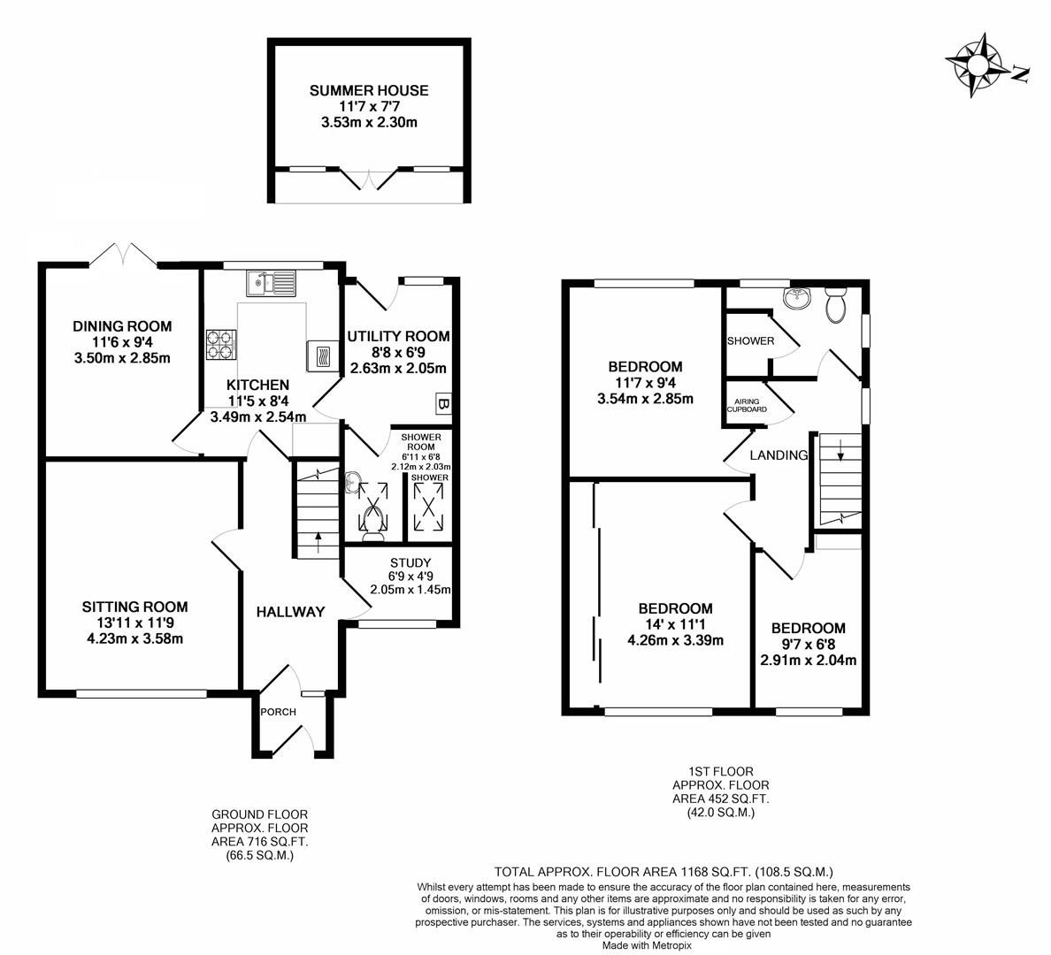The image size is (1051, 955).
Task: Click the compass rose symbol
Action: pos(977,65)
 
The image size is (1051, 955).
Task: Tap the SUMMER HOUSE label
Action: pos(369,90)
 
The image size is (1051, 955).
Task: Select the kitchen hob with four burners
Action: pos(221,345)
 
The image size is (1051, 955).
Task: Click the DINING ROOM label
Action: pos(122,326)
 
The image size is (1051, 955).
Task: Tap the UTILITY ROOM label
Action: pos(398,337)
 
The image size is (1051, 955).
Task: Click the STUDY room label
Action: pos(410,562)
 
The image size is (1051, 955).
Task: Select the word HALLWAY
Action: pos(291,612)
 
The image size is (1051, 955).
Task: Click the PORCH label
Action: pos(278,712)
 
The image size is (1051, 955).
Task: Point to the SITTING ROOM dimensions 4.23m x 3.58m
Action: pos(134,639)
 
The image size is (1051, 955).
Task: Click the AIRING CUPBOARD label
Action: pos(747,405)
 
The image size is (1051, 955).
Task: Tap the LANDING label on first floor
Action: pos(779,456)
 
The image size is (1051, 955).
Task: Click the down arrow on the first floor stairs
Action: pos(840,455)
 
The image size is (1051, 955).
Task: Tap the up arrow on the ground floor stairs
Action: pos(318,539)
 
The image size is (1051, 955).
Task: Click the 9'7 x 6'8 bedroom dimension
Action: pos(807,644)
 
